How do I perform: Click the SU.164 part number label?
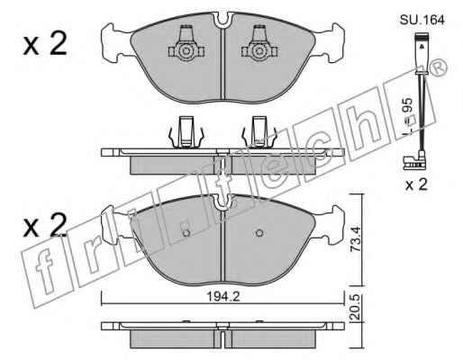click(x=422, y=20)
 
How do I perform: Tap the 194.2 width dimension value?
click(x=223, y=297)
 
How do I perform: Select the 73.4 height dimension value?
click(x=356, y=239)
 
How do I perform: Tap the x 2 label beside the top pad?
click(x=45, y=44)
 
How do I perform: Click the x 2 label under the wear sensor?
click(x=416, y=184)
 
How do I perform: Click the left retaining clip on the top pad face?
click(x=186, y=44)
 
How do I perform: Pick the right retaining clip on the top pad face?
click(x=259, y=44)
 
